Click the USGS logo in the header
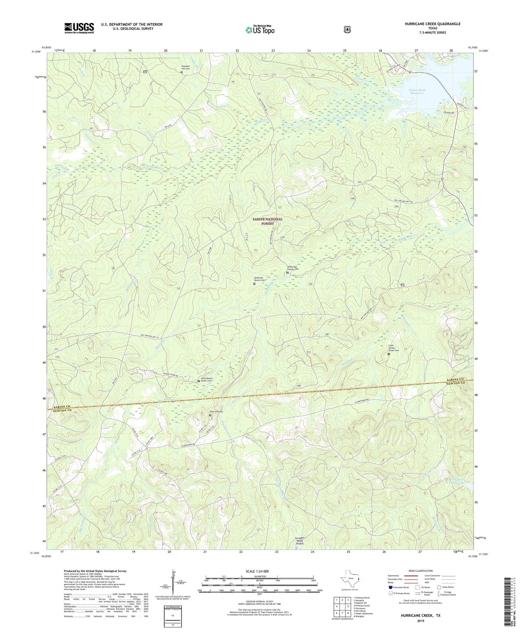79,28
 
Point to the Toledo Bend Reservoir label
416,92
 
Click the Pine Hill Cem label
216,412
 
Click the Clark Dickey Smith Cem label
394,348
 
